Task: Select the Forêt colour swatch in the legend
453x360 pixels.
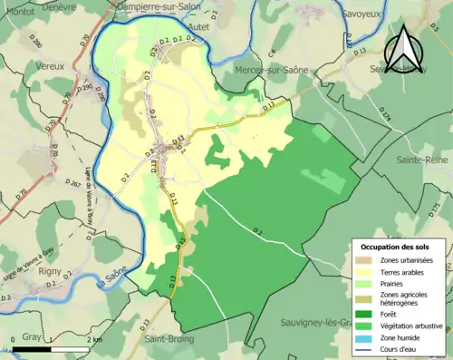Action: pyautogui.click(x=369, y=308)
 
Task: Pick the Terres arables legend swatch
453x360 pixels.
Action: pyautogui.click(x=369, y=270)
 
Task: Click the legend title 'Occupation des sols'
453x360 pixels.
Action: pyautogui.click(x=396, y=247)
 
